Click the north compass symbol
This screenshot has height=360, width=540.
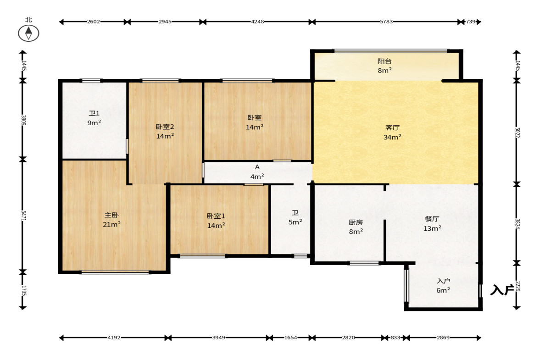[x=28, y=33]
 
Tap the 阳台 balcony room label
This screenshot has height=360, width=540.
[x=384, y=61]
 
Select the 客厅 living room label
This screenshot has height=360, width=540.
[x=392, y=127]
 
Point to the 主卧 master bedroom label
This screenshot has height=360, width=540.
[x=111, y=215]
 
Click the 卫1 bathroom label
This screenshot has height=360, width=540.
[x=94, y=113]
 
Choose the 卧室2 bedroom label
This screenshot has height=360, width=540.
[x=165, y=127]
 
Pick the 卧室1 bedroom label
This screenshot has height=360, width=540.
[x=216, y=216]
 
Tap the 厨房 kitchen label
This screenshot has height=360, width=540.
[x=356, y=222]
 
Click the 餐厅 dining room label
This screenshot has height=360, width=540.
[x=432, y=219]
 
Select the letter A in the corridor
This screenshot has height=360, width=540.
[x=257, y=167]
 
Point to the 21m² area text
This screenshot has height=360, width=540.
[x=111, y=224]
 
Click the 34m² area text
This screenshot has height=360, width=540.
[x=392, y=137]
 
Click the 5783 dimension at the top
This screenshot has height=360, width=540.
[x=386, y=22]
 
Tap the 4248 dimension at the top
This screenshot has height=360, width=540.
[x=257, y=22]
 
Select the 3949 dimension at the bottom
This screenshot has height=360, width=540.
[x=219, y=338]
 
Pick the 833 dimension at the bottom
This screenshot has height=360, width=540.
[x=395, y=338]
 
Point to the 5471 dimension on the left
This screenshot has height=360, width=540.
[x=23, y=216]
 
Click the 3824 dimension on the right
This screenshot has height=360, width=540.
[x=517, y=224]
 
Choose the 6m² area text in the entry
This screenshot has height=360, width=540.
[x=443, y=290]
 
